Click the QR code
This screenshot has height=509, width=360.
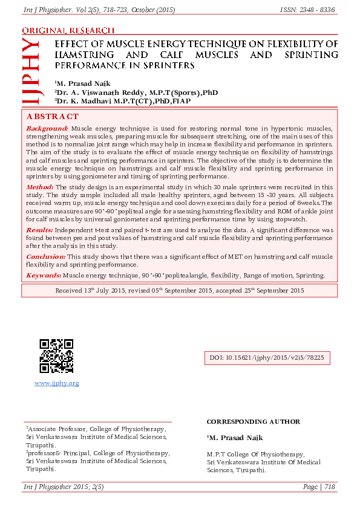pyautogui.click(x=57, y=356)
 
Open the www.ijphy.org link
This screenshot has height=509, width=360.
pyautogui.click(x=57, y=383)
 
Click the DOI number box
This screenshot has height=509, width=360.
pyautogui.click(x=267, y=358)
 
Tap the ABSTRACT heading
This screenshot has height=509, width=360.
pyautogui.click(x=52, y=116)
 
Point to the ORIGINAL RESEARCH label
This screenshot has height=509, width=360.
pyautogui.click(x=68, y=30)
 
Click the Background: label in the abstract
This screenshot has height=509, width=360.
pyautogui.click(x=47, y=129)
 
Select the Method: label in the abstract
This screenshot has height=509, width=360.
pyautogui.click(x=40, y=187)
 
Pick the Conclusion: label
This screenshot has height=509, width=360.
pyautogui.click(x=46, y=257)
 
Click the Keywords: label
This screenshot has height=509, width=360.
pyautogui.click(x=44, y=275)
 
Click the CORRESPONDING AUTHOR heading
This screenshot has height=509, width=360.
pyautogui.click(x=253, y=421)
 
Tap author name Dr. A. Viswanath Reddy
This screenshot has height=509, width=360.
pyautogui.click(x=97, y=92)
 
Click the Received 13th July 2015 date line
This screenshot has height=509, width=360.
pyautogui.click(x=180, y=290)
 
